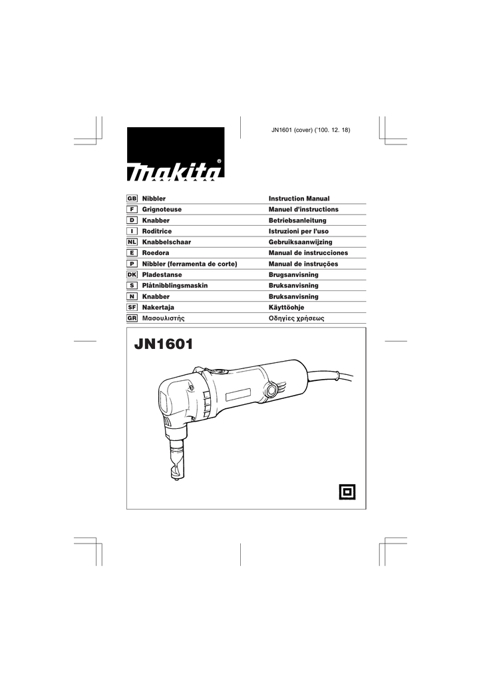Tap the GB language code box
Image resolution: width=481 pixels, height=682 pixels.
click(132, 199)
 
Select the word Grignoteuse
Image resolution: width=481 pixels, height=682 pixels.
click(162, 210)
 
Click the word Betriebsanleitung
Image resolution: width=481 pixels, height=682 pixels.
click(297, 220)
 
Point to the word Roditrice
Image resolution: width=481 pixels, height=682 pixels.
click(157, 231)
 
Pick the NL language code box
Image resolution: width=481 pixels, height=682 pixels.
click(132, 242)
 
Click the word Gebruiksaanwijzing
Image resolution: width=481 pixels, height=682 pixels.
click(300, 242)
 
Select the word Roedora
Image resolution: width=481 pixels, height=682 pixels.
click(156, 253)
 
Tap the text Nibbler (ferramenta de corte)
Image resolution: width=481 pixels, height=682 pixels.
click(190, 264)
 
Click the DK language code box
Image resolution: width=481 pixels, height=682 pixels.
click(132, 275)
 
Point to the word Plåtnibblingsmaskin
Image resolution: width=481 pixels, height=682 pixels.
click(176, 286)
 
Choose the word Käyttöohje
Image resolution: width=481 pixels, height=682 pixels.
click(286, 308)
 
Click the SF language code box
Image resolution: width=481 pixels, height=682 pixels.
click(132, 308)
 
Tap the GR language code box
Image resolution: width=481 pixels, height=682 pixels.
click(132, 318)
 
